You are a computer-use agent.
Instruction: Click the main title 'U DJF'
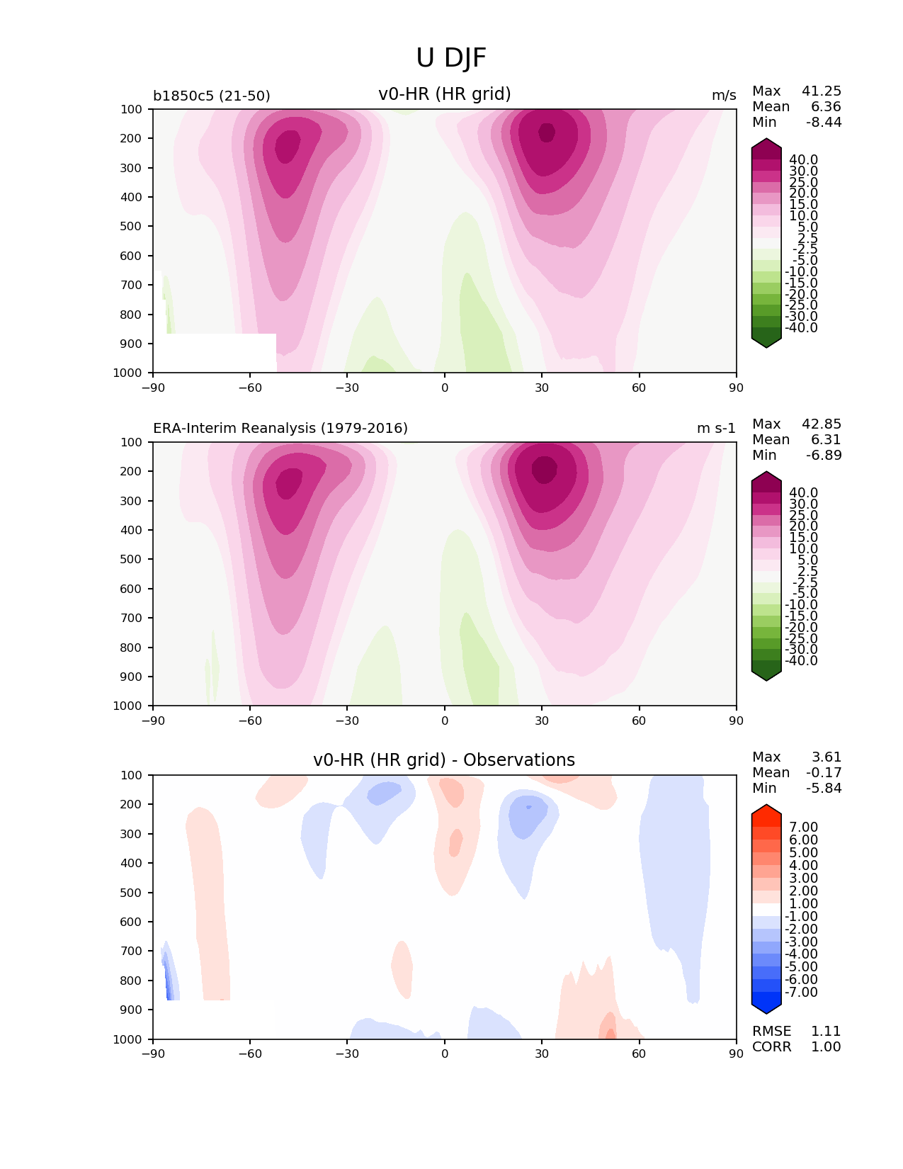click(451, 58)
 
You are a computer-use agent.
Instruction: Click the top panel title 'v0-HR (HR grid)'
click(445, 94)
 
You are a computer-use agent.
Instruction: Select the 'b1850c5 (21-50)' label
click(212, 96)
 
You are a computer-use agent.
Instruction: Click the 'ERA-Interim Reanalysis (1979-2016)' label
click(280, 429)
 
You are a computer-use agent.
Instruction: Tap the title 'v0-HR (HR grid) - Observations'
click(444, 760)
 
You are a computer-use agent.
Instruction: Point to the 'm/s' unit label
click(724, 96)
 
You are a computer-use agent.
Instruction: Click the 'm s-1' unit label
click(716, 429)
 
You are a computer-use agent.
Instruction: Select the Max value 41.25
click(822, 91)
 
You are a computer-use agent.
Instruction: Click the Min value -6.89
click(824, 455)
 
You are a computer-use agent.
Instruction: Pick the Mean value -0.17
click(824, 772)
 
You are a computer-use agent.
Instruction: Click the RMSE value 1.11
click(825, 1031)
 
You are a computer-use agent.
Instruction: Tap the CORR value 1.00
click(825, 1046)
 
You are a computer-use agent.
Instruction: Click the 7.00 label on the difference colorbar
click(803, 827)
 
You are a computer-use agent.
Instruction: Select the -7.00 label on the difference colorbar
click(801, 992)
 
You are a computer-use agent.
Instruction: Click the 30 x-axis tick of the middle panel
click(542, 721)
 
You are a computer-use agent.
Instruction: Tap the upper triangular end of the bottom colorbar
click(766, 811)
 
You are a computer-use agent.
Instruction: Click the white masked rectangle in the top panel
click(215, 352)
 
